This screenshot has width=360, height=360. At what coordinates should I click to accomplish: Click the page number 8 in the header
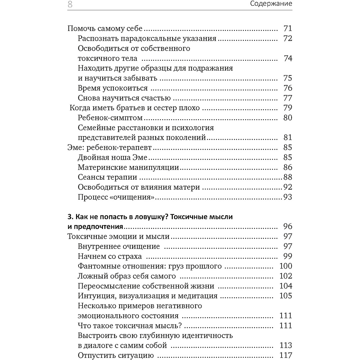pos(70,4)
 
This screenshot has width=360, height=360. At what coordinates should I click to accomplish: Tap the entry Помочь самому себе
pos(105,29)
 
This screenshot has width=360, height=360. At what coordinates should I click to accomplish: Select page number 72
pos(287,39)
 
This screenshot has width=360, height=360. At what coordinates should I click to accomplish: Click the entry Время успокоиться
pos(113,88)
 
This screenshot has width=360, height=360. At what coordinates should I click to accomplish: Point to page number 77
pos(287,98)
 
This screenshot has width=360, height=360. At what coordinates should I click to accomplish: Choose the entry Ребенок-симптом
pos(110,118)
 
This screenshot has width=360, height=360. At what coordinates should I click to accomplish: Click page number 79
pos(287,108)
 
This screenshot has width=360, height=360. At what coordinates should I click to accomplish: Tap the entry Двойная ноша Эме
pos(113,157)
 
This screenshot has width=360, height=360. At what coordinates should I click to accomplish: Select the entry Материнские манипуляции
pos(129,167)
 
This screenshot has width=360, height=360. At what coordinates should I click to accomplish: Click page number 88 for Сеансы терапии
pos(287,177)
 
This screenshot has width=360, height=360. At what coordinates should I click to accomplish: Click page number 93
pos(287,197)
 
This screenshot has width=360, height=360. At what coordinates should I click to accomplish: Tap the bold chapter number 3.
pos(69,217)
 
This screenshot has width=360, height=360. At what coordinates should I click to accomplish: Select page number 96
pos(287,226)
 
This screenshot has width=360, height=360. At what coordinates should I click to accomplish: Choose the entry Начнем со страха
pos(110,256)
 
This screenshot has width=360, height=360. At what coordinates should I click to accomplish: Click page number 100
pos(285,266)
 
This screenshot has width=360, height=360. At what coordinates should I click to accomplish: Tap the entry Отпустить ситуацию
pos(116,356)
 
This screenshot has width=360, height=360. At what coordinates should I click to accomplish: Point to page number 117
pos(285,356)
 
